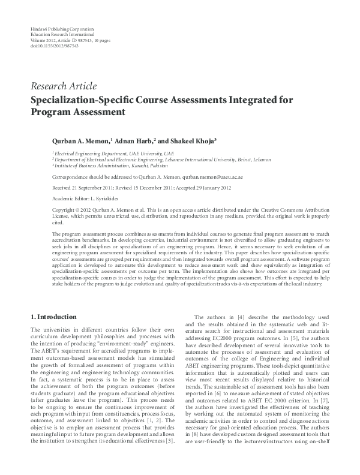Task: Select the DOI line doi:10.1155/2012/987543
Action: click(50, 46)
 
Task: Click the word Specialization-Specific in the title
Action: click(86, 100)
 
